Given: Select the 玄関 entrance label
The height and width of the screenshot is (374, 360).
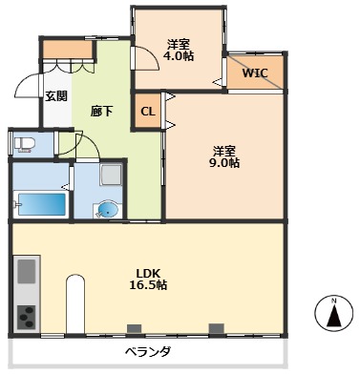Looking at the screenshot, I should pyautogui.click(x=55, y=95).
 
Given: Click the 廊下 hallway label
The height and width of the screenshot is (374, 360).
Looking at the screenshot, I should pyautogui.click(x=102, y=111).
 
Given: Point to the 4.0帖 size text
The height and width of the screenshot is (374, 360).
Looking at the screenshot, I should pyautogui.click(x=179, y=56).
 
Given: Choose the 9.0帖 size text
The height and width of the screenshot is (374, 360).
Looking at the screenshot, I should pyautogui.click(x=225, y=163).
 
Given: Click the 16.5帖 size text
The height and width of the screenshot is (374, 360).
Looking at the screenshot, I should pyautogui.click(x=148, y=285).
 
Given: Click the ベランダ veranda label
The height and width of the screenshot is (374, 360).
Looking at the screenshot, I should pyautogui.click(x=146, y=353).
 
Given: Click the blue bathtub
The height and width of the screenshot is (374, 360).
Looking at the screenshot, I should pyautogui.click(x=41, y=205).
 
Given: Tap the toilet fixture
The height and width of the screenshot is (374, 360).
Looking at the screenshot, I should pyautogui.click(x=24, y=143).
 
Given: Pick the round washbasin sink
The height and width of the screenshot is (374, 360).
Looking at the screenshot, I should pyautogui.click(x=108, y=209).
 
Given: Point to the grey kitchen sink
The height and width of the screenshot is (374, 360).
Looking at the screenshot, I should pyautogui.click(x=26, y=271).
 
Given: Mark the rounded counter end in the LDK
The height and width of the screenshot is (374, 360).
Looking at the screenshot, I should pyautogui.click(x=75, y=286).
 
